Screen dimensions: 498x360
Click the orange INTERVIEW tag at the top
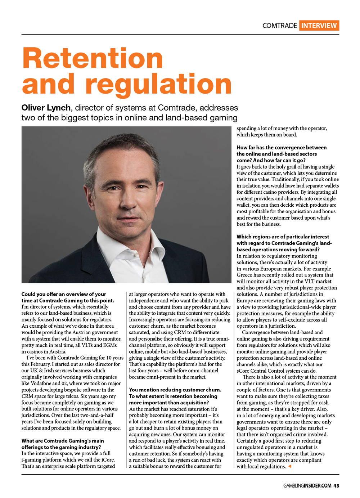click(x=319, y=25)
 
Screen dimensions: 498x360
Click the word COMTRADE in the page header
click(x=279, y=26)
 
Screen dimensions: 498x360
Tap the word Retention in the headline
click(x=93, y=58)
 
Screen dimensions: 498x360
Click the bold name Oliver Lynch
click(x=46, y=108)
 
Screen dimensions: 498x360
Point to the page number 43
click(x=336, y=485)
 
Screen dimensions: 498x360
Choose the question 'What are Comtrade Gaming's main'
click(x=63, y=441)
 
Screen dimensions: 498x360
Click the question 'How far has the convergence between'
click(x=282, y=147)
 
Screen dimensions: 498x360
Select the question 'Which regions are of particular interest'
click(x=283, y=237)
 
